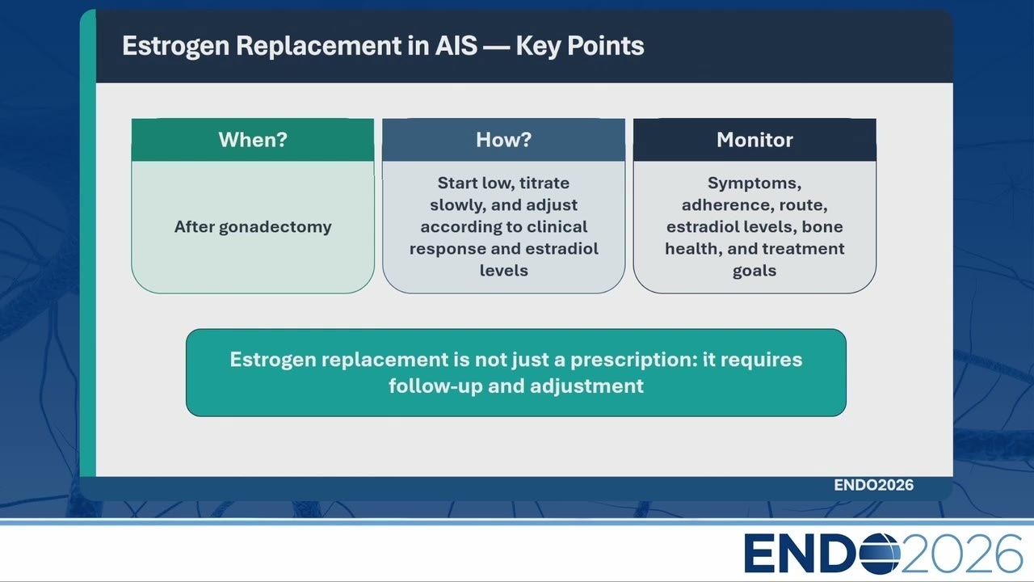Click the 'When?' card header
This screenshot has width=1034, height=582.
[253, 140]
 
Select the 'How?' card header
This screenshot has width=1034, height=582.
[503, 140]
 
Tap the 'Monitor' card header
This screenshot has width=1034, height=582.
[754, 140]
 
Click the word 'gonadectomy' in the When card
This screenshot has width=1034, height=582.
[275, 227]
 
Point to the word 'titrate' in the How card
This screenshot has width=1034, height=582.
[544, 183]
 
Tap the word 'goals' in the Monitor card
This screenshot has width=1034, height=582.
[754, 271]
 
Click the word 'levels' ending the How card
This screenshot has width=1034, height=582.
[503, 270]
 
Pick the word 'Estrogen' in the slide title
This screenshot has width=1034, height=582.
[175, 46]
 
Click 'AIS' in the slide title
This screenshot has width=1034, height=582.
[456, 46]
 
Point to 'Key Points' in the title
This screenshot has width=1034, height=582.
[580, 46]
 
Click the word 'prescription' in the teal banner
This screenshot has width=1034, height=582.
[634, 361]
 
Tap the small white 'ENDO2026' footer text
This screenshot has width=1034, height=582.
[873, 485]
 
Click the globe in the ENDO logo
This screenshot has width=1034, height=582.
[880, 554]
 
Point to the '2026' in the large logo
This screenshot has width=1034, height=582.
[961, 554]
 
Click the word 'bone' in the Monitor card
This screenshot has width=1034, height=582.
[822, 227]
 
